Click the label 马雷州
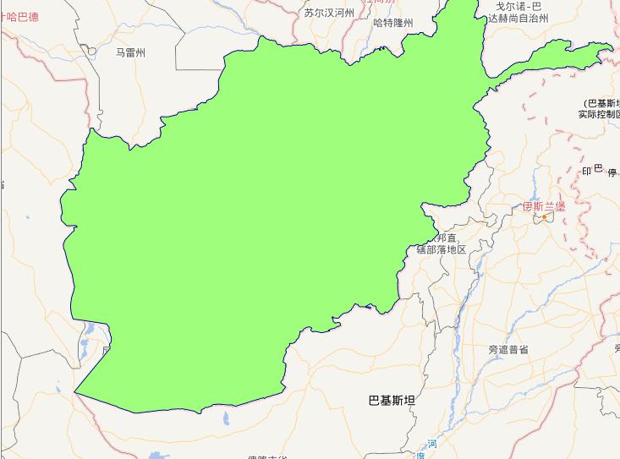click(x=131, y=52)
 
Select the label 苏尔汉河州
click(x=329, y=13)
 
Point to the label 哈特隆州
click(x=393, y=23)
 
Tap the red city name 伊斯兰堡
click(x=543, y=205)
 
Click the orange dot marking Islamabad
click(x=545, y=217)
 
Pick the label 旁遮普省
click(x=508, y=349)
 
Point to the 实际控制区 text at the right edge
click(x=600, y=114)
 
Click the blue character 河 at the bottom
click(x=431, y=444)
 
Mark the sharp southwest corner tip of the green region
click(x=75, y=392)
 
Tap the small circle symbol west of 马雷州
click(x=92, y=51)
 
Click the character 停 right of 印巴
click(x=612, y=172)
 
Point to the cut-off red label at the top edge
click(x=379, y=3)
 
